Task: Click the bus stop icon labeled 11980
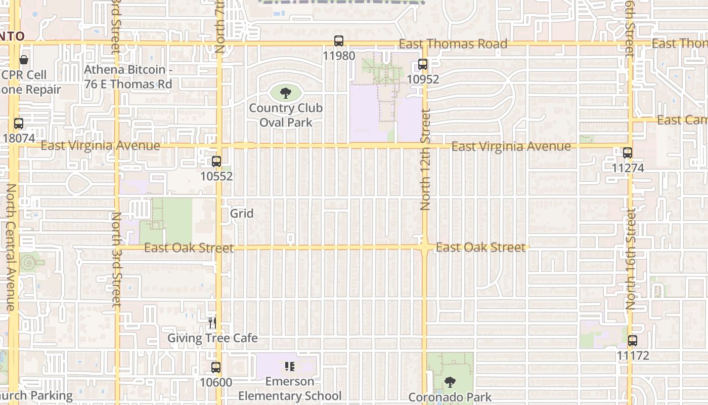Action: click(x=339, y=41)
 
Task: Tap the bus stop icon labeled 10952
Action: click(x=423, y=65)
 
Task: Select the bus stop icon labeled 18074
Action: click(x=19, y=123)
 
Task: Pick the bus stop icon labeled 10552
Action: click(x=216, y=161)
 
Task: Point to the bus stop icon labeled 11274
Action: click(x=628, y=152)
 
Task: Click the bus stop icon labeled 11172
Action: click(x=633, y=341)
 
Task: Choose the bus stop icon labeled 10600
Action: click(x=216, y=368)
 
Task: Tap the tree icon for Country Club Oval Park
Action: click(x=286, y=93)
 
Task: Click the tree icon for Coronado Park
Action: click(x=450, y=382)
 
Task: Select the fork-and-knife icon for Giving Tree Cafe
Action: click(x=212, y=322)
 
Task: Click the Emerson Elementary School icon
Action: click(x=290, y=366)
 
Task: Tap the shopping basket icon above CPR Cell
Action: click(x=24, y=60)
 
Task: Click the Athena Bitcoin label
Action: click(x=128, y=77)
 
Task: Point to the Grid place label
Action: click(x=242, y=214)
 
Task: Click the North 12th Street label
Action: click(x=425, y=159)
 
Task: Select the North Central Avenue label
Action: click(x=11, y=247)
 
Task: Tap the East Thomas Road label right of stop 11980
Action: click(x=453, y=44)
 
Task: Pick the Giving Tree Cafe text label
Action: click(x=212, y=338)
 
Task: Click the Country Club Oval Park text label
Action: click(x=286, y=115)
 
